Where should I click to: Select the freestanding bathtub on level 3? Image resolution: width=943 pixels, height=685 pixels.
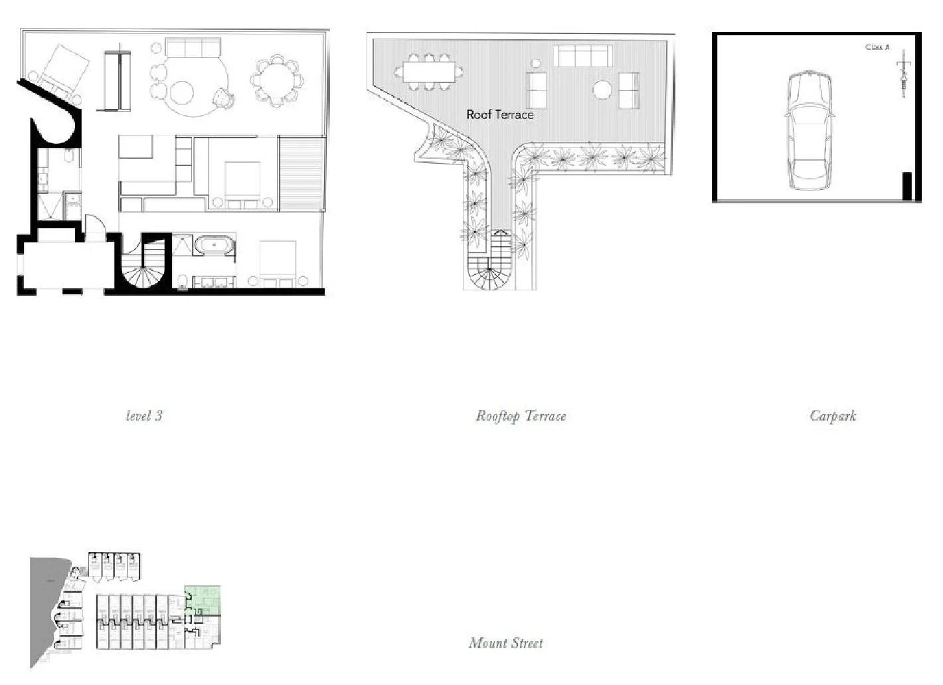(x=214, y=245)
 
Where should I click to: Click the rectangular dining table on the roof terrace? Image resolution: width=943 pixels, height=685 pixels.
(x=428, y=72)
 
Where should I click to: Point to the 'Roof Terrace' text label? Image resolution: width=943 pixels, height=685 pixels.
(x=499, y=114)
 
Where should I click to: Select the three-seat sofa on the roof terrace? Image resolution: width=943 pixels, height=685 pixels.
(x=582, y=56)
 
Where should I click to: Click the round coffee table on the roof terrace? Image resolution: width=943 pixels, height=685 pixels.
(x=602, y=90)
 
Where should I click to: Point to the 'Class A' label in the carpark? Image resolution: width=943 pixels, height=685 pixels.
(x=877, y=47)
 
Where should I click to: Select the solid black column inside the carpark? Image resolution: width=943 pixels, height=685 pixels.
(x=906, y=186)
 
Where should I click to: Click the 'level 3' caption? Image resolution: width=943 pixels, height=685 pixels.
(x=144, y=416)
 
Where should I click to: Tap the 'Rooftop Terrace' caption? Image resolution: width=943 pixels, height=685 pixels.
(x=521, y=416)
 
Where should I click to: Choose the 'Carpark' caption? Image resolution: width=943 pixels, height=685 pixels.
(x=833, y=416)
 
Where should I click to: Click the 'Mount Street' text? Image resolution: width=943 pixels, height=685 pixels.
(x=505, y=642)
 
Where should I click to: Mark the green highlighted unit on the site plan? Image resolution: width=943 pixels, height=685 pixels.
(x=203, y=599)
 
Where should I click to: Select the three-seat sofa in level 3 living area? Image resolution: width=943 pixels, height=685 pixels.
(x=193, y=48)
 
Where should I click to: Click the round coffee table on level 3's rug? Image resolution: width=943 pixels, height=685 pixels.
(x=181, y=91)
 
